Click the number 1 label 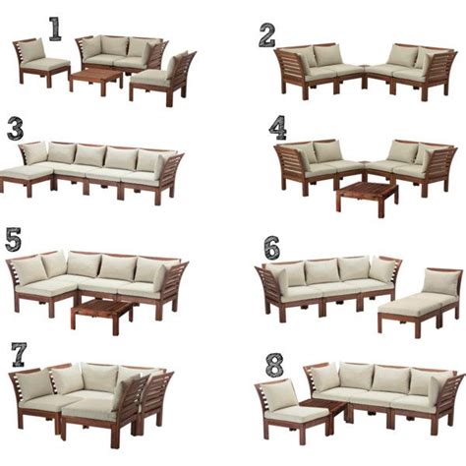55,29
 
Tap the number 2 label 266,35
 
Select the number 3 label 16,130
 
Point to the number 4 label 278,129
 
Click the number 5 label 14,240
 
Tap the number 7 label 19,355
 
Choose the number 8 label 274,364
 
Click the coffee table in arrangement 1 95,79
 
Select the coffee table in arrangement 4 367,197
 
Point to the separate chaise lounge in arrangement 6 420,302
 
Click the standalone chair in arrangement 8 292,411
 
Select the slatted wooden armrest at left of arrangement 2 292,71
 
